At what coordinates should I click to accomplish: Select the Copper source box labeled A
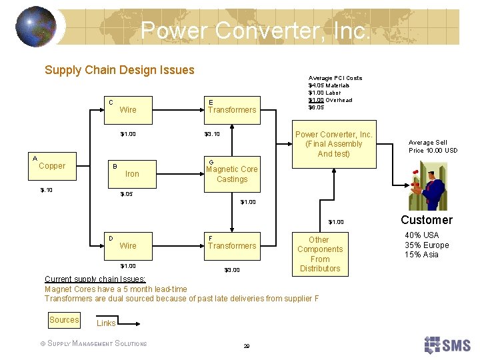pyautogui.click(x=51, y=165)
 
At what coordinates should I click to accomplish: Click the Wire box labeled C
pyautogui.click(x=127, y=109)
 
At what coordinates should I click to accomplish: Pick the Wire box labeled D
pyautogui.click(x=127, y=245)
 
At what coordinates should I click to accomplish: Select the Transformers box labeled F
pyautogui.click(x=231, y=245)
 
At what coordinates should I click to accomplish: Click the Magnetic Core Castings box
pyautogui.click(x=231, y=173)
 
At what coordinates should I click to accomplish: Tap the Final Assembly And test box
pyautogui.click(x=333, y=144)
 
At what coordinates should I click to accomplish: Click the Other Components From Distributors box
pyautogui.click(x=319, y=254)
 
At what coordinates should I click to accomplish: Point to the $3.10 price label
pyautogui.click(x=211, y=134)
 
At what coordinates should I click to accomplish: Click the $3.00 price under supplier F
pyautogui.click(x=231, y=270)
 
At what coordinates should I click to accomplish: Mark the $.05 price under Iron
pyautogui.click(x=126, y=195)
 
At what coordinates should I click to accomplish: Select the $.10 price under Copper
pyautogui.click(x=46, y=190)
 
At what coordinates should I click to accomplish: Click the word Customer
pyautogui.click(x=426, y=220)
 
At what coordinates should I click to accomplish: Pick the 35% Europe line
pyautogui.click(x=427, y=245)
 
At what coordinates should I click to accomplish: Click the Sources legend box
pyautogui.click(x=64, y=320)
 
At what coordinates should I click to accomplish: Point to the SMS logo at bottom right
pyautogui.click(x=447, y=345)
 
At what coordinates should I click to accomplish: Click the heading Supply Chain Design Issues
pyautogui.click(x=119, y=70)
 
